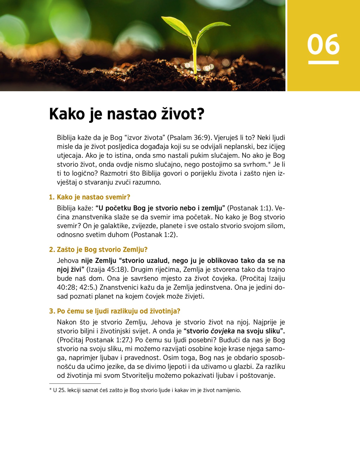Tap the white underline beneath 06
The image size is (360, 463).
pyautogui.click(x=323, y=62)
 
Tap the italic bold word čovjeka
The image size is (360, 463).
pyautogui.click(x=223, y=331)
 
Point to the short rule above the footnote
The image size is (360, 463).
pyautogui.click(x=75, y=383)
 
